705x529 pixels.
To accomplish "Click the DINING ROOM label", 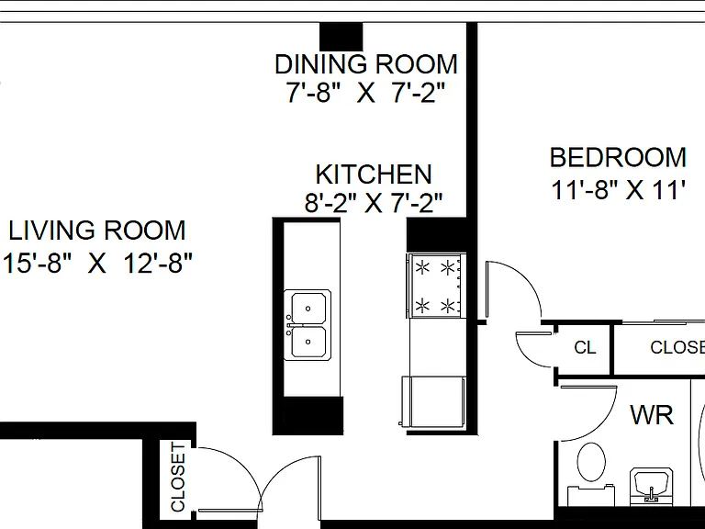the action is click(x=366, y=64).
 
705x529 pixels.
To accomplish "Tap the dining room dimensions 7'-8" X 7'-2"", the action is click(x=365, y=93).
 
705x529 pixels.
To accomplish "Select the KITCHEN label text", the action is click(x=374, y=174).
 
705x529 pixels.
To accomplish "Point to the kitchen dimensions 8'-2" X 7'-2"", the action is click(x=374, y=203).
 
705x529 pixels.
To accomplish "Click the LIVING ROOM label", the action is click(x=97, y=231).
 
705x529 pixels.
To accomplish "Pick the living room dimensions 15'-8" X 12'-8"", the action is click(x=97, y=263).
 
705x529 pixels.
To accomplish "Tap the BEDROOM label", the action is click(x=618, y=157).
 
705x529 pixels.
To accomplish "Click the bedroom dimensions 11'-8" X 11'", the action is click(x=618, y=190).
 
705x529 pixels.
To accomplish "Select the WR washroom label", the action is click(x=652, y=415).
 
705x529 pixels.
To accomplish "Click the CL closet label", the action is click(x=585, y=347).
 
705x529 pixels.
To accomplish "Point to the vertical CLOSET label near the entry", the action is click(x=178, y=478).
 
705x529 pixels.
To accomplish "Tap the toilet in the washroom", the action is click(x=591, y=473).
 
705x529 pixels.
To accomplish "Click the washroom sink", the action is click(x=652, y=486).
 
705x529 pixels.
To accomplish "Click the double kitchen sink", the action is click(x=308, y=325).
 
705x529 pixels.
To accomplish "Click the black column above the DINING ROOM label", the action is click(x=341, y=37).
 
